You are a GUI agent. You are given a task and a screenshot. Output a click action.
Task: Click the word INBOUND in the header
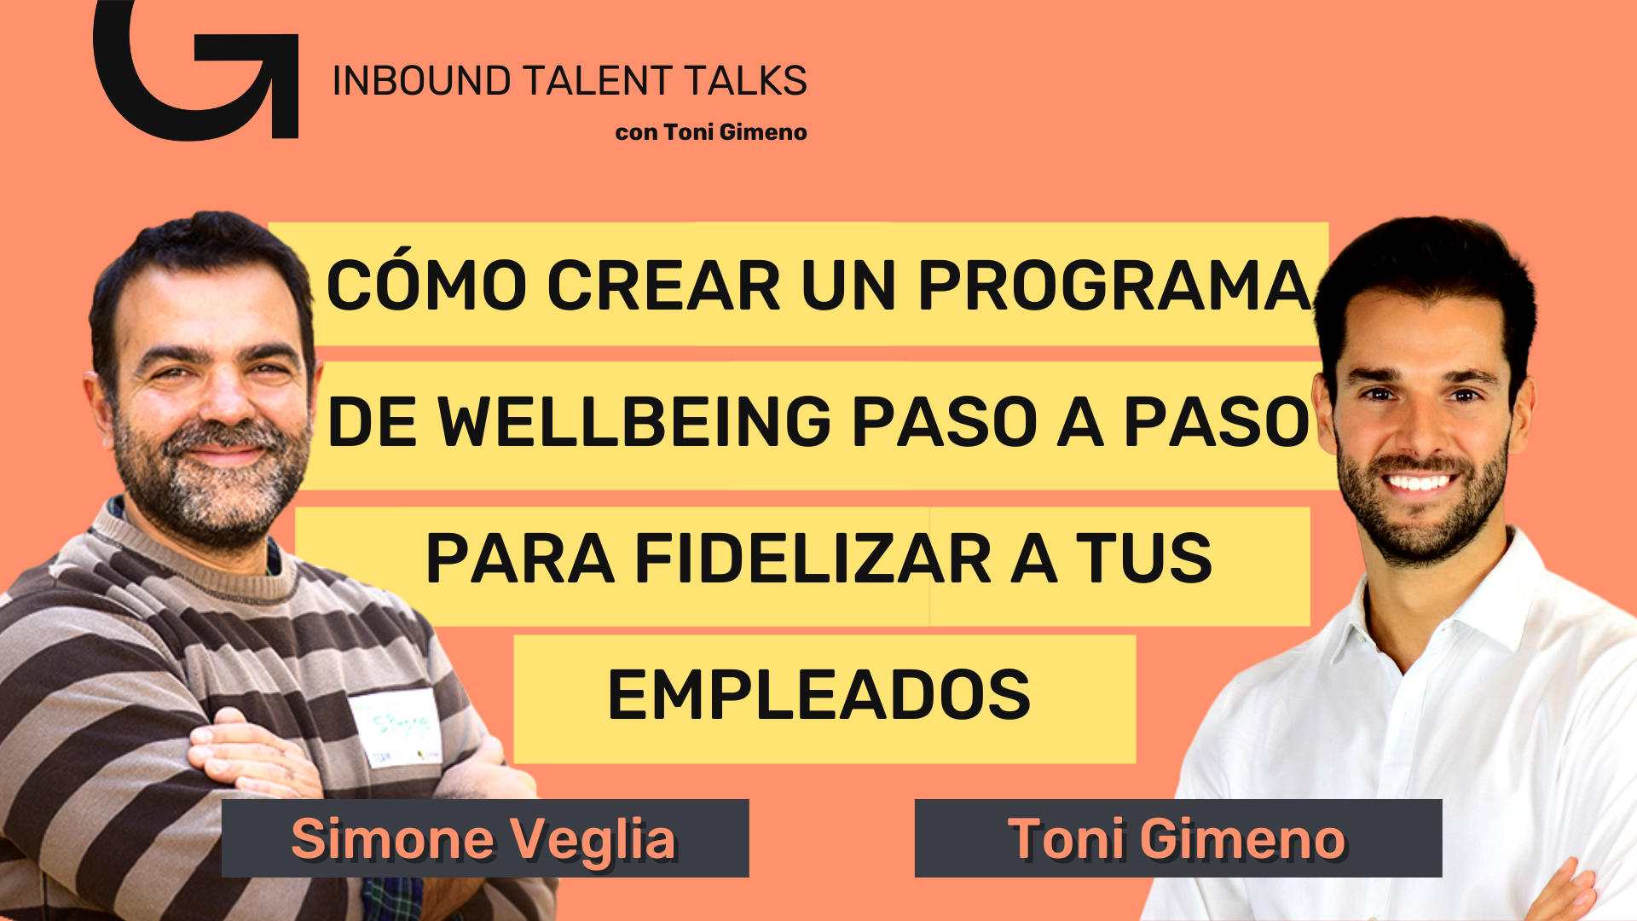421,81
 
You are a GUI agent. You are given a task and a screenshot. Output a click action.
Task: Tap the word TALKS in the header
745,81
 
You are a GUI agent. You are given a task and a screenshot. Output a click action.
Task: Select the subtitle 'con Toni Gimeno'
711,132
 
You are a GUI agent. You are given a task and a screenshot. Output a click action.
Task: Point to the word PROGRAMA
1115,285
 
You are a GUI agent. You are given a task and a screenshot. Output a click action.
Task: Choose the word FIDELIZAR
813,559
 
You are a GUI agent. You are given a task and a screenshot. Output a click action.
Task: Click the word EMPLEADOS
819,694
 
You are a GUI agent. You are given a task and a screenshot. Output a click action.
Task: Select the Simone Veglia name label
485,838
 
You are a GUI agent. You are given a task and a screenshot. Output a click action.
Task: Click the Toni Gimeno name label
1178,838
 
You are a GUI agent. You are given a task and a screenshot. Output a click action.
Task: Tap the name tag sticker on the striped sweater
395,727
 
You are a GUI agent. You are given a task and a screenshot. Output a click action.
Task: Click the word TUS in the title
1143,559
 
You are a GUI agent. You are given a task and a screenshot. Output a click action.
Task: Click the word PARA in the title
520,559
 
